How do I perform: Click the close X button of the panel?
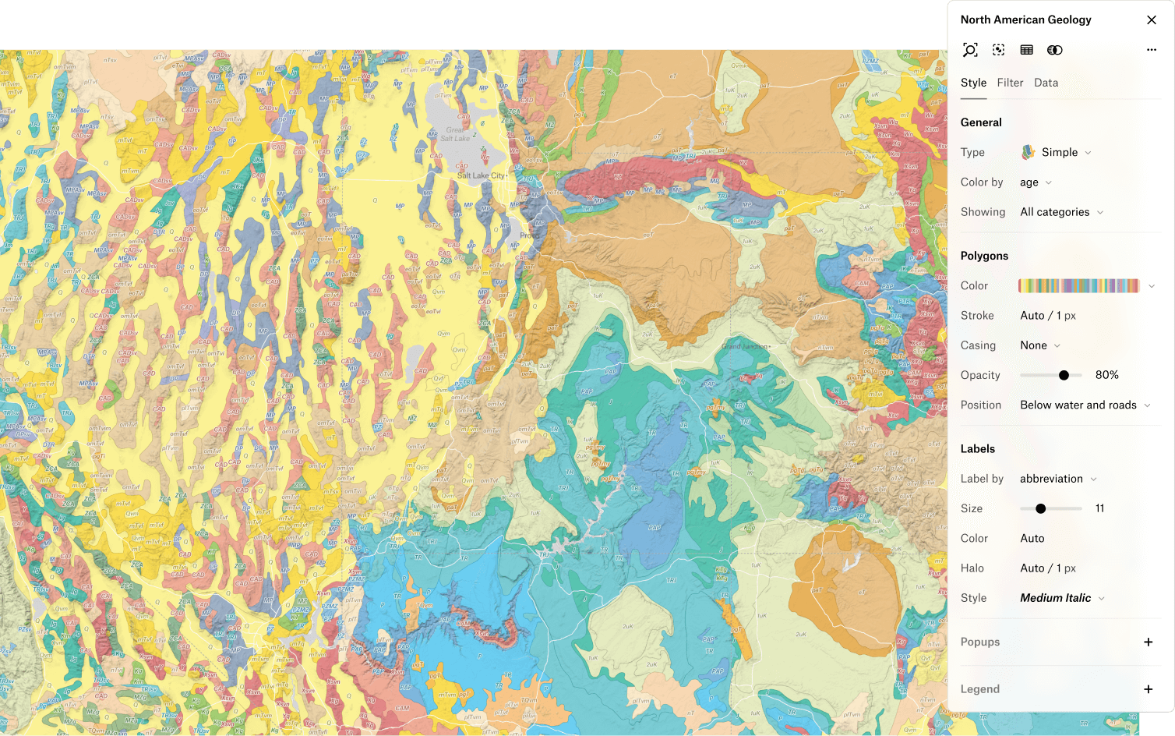(x=1151, y=20)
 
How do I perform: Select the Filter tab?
(x=1010, y=83)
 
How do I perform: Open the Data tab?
(x=1046, y=83)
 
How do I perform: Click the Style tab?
(x=973, y=83)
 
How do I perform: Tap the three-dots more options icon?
(x=1151, y=50)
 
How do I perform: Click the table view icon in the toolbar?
(x=1026, y=50)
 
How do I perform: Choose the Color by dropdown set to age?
(x=1036, y=182)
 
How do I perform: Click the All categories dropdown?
(x=1061, y=212)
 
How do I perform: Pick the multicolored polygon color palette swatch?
(x=1078, y=286)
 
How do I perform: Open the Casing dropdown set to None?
(x=1039, y=345)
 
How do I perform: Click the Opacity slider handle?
(x=1064, y=376)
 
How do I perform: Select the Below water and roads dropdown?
(x=1085, y=405)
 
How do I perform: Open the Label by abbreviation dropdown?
(x=1058, y=479)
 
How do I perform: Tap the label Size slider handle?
(x=1040, y=508)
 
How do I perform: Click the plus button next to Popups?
(x=1148, y=642)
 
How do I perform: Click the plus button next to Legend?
(x=1148, y=689)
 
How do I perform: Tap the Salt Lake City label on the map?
(x=481, y=175)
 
